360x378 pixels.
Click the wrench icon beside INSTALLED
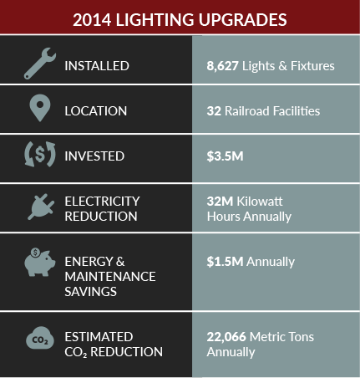pos(39,64)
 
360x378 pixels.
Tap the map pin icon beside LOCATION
pos(40,108)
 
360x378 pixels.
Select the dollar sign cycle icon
pos(40,155)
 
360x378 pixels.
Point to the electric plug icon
pos(41,207)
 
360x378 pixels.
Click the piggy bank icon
pos(39,262)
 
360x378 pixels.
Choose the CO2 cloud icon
pos(40,338)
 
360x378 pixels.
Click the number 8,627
pos(222,66)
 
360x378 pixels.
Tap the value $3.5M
pos(225,156)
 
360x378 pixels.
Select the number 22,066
pos(226,337)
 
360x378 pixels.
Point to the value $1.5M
pos(225,262)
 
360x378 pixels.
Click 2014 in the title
pos(92,20)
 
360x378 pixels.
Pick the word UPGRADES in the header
pos(242,20)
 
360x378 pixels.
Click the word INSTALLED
pos(97,66)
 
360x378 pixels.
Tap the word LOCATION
pos(96,111)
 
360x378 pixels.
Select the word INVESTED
pos(94,156)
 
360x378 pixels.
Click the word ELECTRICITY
pos(102,202)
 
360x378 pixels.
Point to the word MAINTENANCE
pos(110,277)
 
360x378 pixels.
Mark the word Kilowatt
pos(260,202)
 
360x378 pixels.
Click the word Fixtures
pos(312,66)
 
